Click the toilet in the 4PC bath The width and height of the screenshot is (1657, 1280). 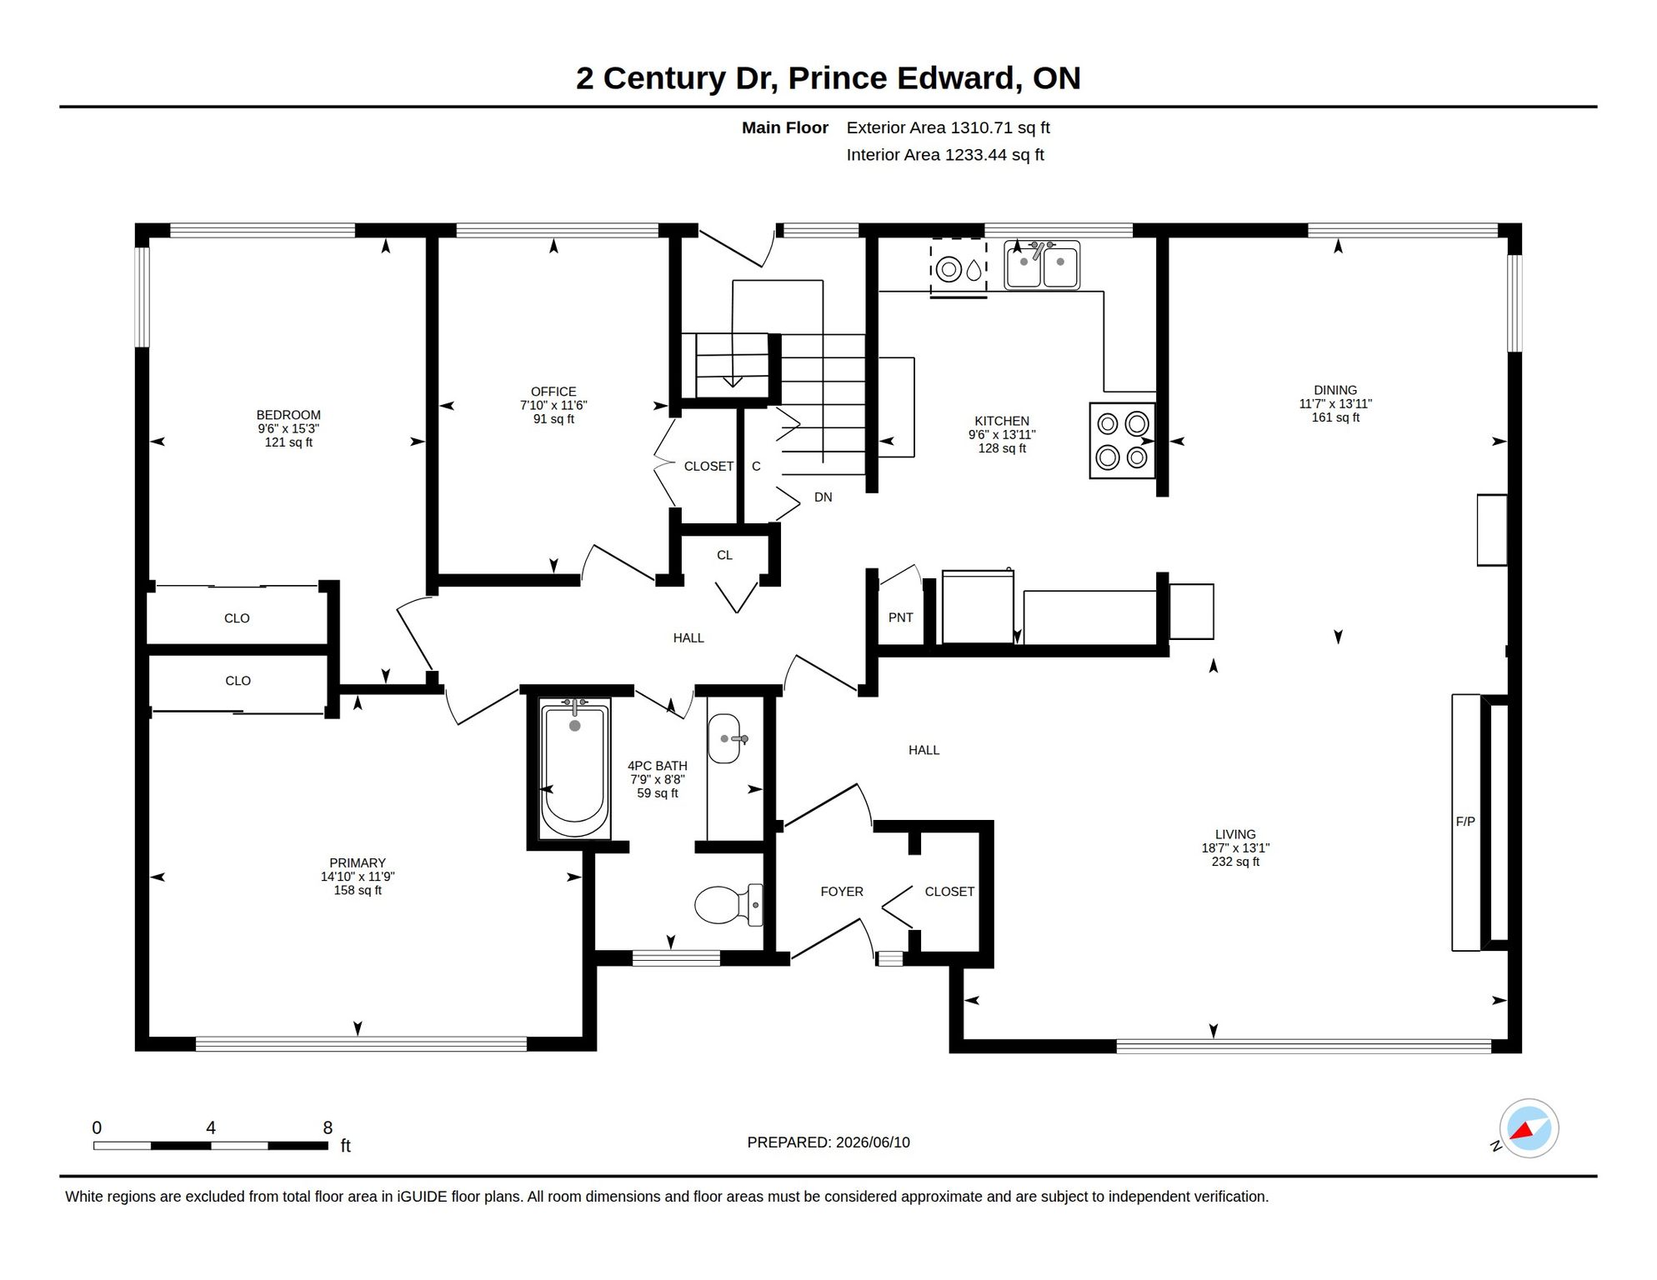pos(728,905)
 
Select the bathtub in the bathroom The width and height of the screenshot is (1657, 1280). pos(574,768)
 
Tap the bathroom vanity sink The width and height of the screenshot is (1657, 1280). pos(723,738)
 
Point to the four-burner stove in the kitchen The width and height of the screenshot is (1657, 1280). pos(1122,441)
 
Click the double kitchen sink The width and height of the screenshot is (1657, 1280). pos(1042,265)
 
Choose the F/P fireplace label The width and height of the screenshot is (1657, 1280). pos(1465,822)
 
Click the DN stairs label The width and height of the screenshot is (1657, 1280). pos(823,497)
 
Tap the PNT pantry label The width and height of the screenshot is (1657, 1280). pos(900,617)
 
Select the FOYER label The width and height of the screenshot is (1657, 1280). pos(842,892)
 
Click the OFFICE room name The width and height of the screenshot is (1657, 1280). pos(553,392)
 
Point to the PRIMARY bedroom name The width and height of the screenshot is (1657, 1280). pos(358,863)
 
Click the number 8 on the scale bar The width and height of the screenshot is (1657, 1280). pos(328,1127)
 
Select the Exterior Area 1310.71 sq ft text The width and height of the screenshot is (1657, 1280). pos(948,127)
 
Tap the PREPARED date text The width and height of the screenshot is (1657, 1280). pos(828,1142)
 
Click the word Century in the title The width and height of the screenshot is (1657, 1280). pos(664,78)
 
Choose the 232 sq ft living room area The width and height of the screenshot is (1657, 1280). pos(1235,862)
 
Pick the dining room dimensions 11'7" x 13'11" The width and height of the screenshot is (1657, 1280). pos(1335,404)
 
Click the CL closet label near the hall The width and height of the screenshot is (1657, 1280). pos(724,555)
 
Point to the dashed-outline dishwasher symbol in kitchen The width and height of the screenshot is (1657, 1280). pos(959,268)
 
